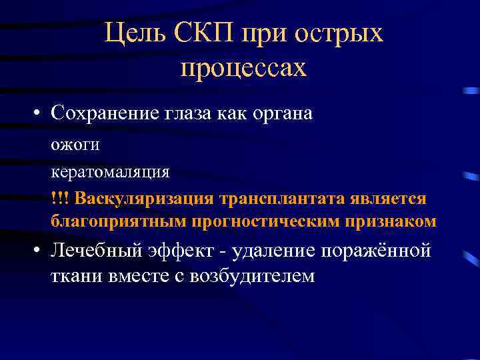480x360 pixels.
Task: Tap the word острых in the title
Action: pyautogui.click(x=346, y=33)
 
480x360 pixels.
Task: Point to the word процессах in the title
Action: pyautogui.click(x=243, y=67)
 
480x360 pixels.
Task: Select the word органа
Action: pyautogui.click(x=279, y=113)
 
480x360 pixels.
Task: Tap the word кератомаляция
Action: pyautogui.click(x=111, y=172)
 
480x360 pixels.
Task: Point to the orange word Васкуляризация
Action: pyautogui.click(x=145, y=199)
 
